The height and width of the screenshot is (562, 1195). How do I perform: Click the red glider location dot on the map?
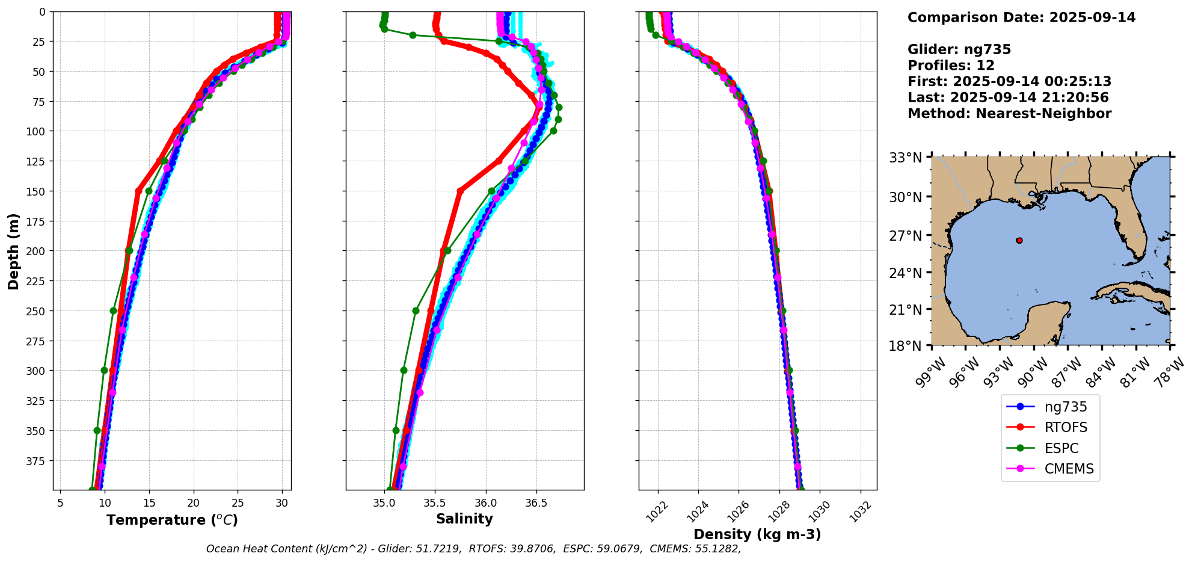[x=1019, y=240]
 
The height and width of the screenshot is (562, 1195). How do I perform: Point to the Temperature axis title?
[x=172, y=520]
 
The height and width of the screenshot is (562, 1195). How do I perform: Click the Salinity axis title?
[x=464, y=519]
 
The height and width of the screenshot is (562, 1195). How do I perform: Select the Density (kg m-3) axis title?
[x=757, y=534]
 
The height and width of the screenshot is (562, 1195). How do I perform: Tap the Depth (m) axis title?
[x=14, y=251]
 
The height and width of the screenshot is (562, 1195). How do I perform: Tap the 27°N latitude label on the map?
[x=905, y=235]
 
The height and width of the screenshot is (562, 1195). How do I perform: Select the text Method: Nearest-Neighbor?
[x=1009, y=113]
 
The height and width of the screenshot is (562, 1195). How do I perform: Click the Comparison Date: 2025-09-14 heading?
[x=1021, y=17]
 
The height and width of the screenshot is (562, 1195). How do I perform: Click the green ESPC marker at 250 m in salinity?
[x=416, y=311]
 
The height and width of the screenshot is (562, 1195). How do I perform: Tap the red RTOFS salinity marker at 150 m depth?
[x=460, y=191]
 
